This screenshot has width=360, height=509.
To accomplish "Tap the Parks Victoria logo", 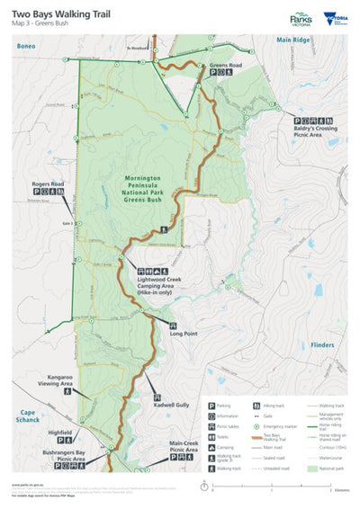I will click(x=301, y=19).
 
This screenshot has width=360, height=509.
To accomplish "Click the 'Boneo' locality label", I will click(x=22, y=41).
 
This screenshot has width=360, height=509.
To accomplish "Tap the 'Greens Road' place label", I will click(x=226, y=66).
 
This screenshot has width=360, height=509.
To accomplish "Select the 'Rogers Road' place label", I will click(x=49, y=183).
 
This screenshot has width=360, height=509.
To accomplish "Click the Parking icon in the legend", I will click(x=211, y=406).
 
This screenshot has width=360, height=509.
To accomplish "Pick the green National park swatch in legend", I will click(x=314, y=469).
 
